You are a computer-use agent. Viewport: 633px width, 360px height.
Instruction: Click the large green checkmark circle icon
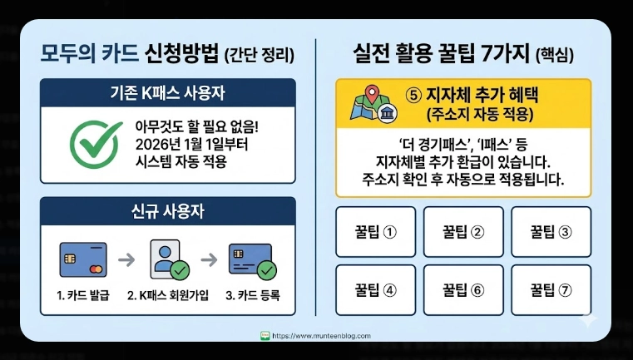coord(94,143)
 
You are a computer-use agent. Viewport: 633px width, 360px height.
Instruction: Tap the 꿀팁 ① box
coord(376,230)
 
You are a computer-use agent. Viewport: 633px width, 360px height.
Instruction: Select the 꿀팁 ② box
coord(463,230)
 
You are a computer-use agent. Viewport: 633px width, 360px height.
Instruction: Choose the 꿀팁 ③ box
coord(551,230)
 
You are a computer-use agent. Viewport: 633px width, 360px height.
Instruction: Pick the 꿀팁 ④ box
coord(376,289)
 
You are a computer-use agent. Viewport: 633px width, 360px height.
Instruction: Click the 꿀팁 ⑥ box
coord(463,289)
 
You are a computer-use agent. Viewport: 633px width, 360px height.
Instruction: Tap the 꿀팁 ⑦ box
coord(551,289)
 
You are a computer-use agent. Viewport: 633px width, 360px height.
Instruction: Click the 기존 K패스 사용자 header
coord(168,93)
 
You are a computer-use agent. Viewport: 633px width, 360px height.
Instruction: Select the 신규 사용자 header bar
coord(168,211)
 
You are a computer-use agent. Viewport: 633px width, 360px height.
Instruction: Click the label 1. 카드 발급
coord(83,296)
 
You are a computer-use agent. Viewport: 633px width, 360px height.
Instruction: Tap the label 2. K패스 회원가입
coord(169,296)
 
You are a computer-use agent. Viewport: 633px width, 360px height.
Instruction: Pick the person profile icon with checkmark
coord(169,259)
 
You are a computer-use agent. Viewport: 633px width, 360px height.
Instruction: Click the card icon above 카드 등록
coord(252,259)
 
